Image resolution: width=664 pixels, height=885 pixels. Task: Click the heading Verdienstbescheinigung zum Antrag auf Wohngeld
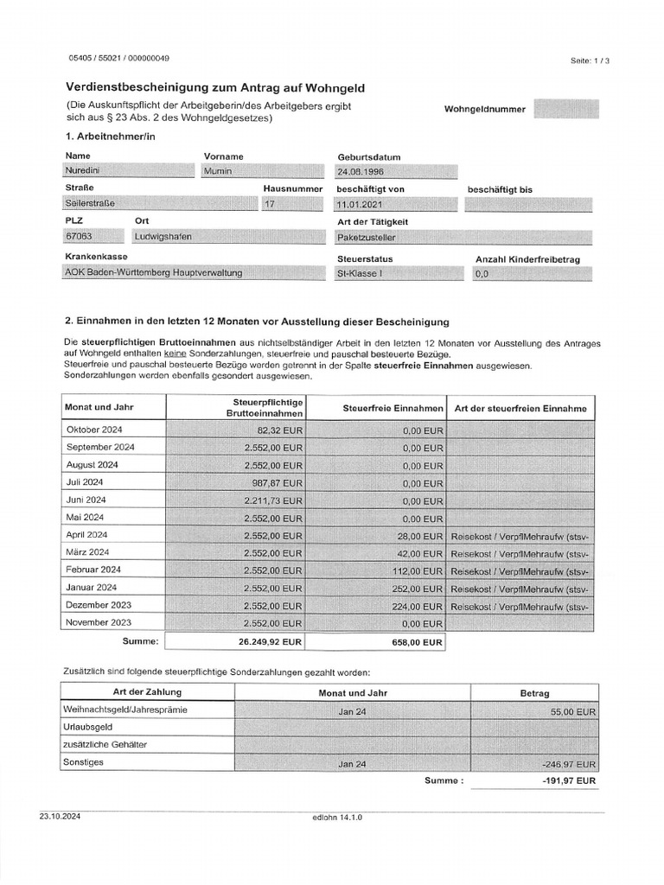(x=215, y=87)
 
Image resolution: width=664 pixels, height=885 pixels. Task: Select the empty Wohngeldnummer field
(x=566, y=109)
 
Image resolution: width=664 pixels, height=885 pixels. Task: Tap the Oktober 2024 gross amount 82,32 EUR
(x=278, y=430)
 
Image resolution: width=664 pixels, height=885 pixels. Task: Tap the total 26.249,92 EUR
(x=271, y=642)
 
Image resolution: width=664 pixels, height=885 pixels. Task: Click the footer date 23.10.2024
(x=59, y=816)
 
